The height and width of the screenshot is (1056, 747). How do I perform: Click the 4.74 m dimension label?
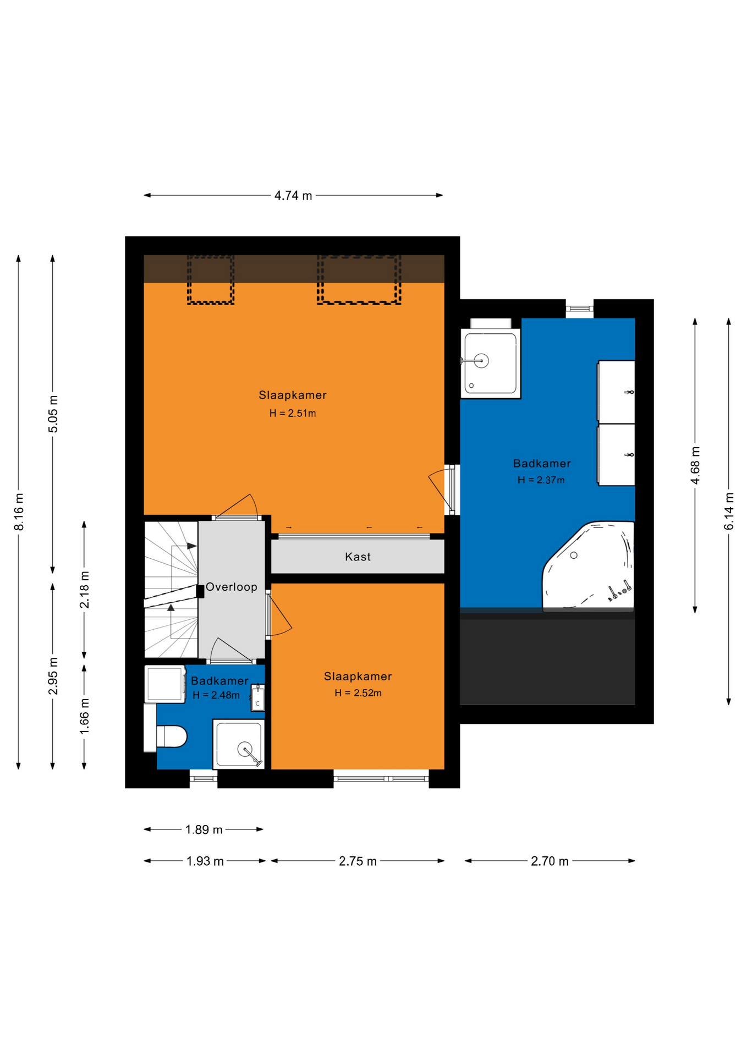click(293, 195)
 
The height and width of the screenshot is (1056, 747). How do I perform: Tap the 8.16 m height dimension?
click(19, 512)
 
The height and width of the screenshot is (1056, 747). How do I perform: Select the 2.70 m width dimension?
click(550, 861)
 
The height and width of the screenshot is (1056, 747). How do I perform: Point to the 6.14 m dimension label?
click(729, 512)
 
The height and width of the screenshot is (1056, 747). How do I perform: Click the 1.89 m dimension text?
click(204, 829)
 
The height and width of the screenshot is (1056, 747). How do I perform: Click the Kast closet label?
click(358, 557)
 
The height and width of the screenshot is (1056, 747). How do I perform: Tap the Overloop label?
click(232, 587)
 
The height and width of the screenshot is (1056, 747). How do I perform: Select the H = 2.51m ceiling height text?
click(293, 413)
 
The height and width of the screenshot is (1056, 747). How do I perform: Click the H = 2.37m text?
click(541, 480)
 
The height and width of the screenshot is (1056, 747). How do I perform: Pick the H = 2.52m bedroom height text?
click(358, 693)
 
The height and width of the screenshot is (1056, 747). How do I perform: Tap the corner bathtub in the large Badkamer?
click(589, 566)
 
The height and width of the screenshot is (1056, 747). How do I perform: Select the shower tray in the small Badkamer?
click(239, 744)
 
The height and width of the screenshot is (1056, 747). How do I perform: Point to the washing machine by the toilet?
click(165, 684)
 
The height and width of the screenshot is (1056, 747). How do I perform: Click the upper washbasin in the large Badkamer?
click(616, 392)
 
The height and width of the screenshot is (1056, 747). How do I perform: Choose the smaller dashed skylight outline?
click(211, 279)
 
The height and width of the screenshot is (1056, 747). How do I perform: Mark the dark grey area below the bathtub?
click(547, 660)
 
